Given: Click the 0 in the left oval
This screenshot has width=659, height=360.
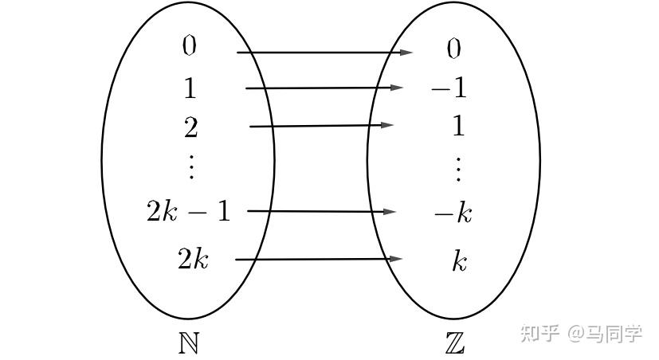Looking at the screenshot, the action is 189,45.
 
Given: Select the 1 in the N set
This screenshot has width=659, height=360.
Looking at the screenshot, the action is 190,88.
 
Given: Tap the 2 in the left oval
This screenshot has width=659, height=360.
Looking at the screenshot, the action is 190,127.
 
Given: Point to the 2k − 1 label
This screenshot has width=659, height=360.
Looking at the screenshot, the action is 189,211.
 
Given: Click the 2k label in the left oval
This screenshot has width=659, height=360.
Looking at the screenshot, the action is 193,258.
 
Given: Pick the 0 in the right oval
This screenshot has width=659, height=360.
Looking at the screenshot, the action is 454,49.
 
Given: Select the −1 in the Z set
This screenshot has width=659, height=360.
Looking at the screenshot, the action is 449,88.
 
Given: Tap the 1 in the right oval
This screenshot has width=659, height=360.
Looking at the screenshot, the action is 458,126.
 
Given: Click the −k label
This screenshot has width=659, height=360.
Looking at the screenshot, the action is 453,213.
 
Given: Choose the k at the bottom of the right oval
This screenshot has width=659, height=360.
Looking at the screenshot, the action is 459,261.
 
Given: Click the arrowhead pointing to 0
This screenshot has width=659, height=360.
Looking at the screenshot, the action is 406,53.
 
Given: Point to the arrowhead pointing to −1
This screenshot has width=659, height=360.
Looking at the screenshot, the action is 397,88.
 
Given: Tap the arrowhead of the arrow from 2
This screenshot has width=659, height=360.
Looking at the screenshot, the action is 387,125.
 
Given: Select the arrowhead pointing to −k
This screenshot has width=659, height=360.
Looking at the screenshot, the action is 390,212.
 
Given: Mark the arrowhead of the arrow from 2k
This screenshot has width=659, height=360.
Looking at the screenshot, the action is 397,259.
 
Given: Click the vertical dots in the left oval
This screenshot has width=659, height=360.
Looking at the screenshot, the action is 192,166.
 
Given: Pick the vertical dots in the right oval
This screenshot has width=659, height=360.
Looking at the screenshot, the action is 458,170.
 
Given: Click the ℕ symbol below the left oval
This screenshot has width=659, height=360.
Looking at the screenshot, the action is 189,343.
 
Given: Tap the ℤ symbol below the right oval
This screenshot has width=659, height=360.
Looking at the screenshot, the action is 455,343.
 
